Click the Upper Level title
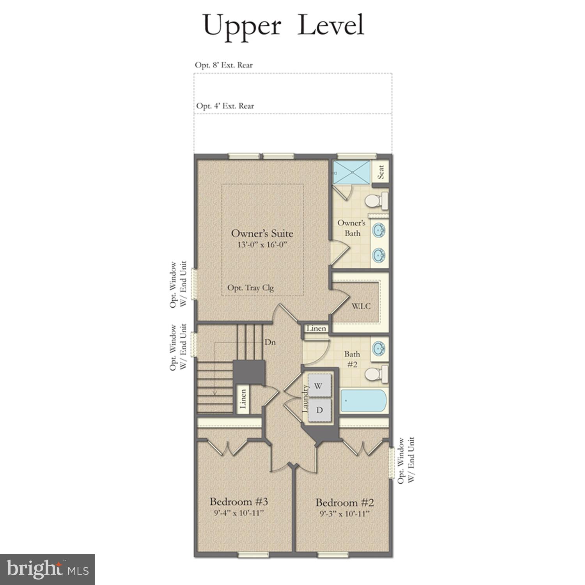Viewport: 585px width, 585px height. pyautogui.click(x=284, y=25)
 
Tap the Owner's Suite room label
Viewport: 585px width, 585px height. pyautogui.click(x=262, y=233)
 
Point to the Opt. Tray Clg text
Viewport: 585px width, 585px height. pyautogui.click(x=250, y=288)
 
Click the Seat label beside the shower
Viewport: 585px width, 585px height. pyautogui.click(x=381, y=171)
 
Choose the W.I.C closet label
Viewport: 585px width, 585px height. pyautogui.click(x=361, y=306)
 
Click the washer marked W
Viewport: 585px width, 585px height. pyautogui.click(x=319, y=386)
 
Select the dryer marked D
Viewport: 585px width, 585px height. pyautogui.click(x=319, y=410)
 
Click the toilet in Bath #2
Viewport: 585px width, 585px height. pyautogui.click(x=376, y=374)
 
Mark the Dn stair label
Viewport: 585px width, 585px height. pyautogui.click(x=270, y=342)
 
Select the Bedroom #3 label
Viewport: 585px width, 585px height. pyautogui.click(x=239, y=501)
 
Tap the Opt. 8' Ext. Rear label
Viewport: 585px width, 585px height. pyautogui.click(x=224, y=65)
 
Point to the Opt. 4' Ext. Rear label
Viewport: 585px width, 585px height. pyautogui.click(x=225, y=106)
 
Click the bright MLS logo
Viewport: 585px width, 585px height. pyautogui.click(x=48, y=569)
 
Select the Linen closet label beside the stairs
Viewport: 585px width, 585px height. pyautogui.click(x=243, y=399)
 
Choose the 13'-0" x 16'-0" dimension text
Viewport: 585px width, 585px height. pyautogui.click(x=262, y=245)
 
